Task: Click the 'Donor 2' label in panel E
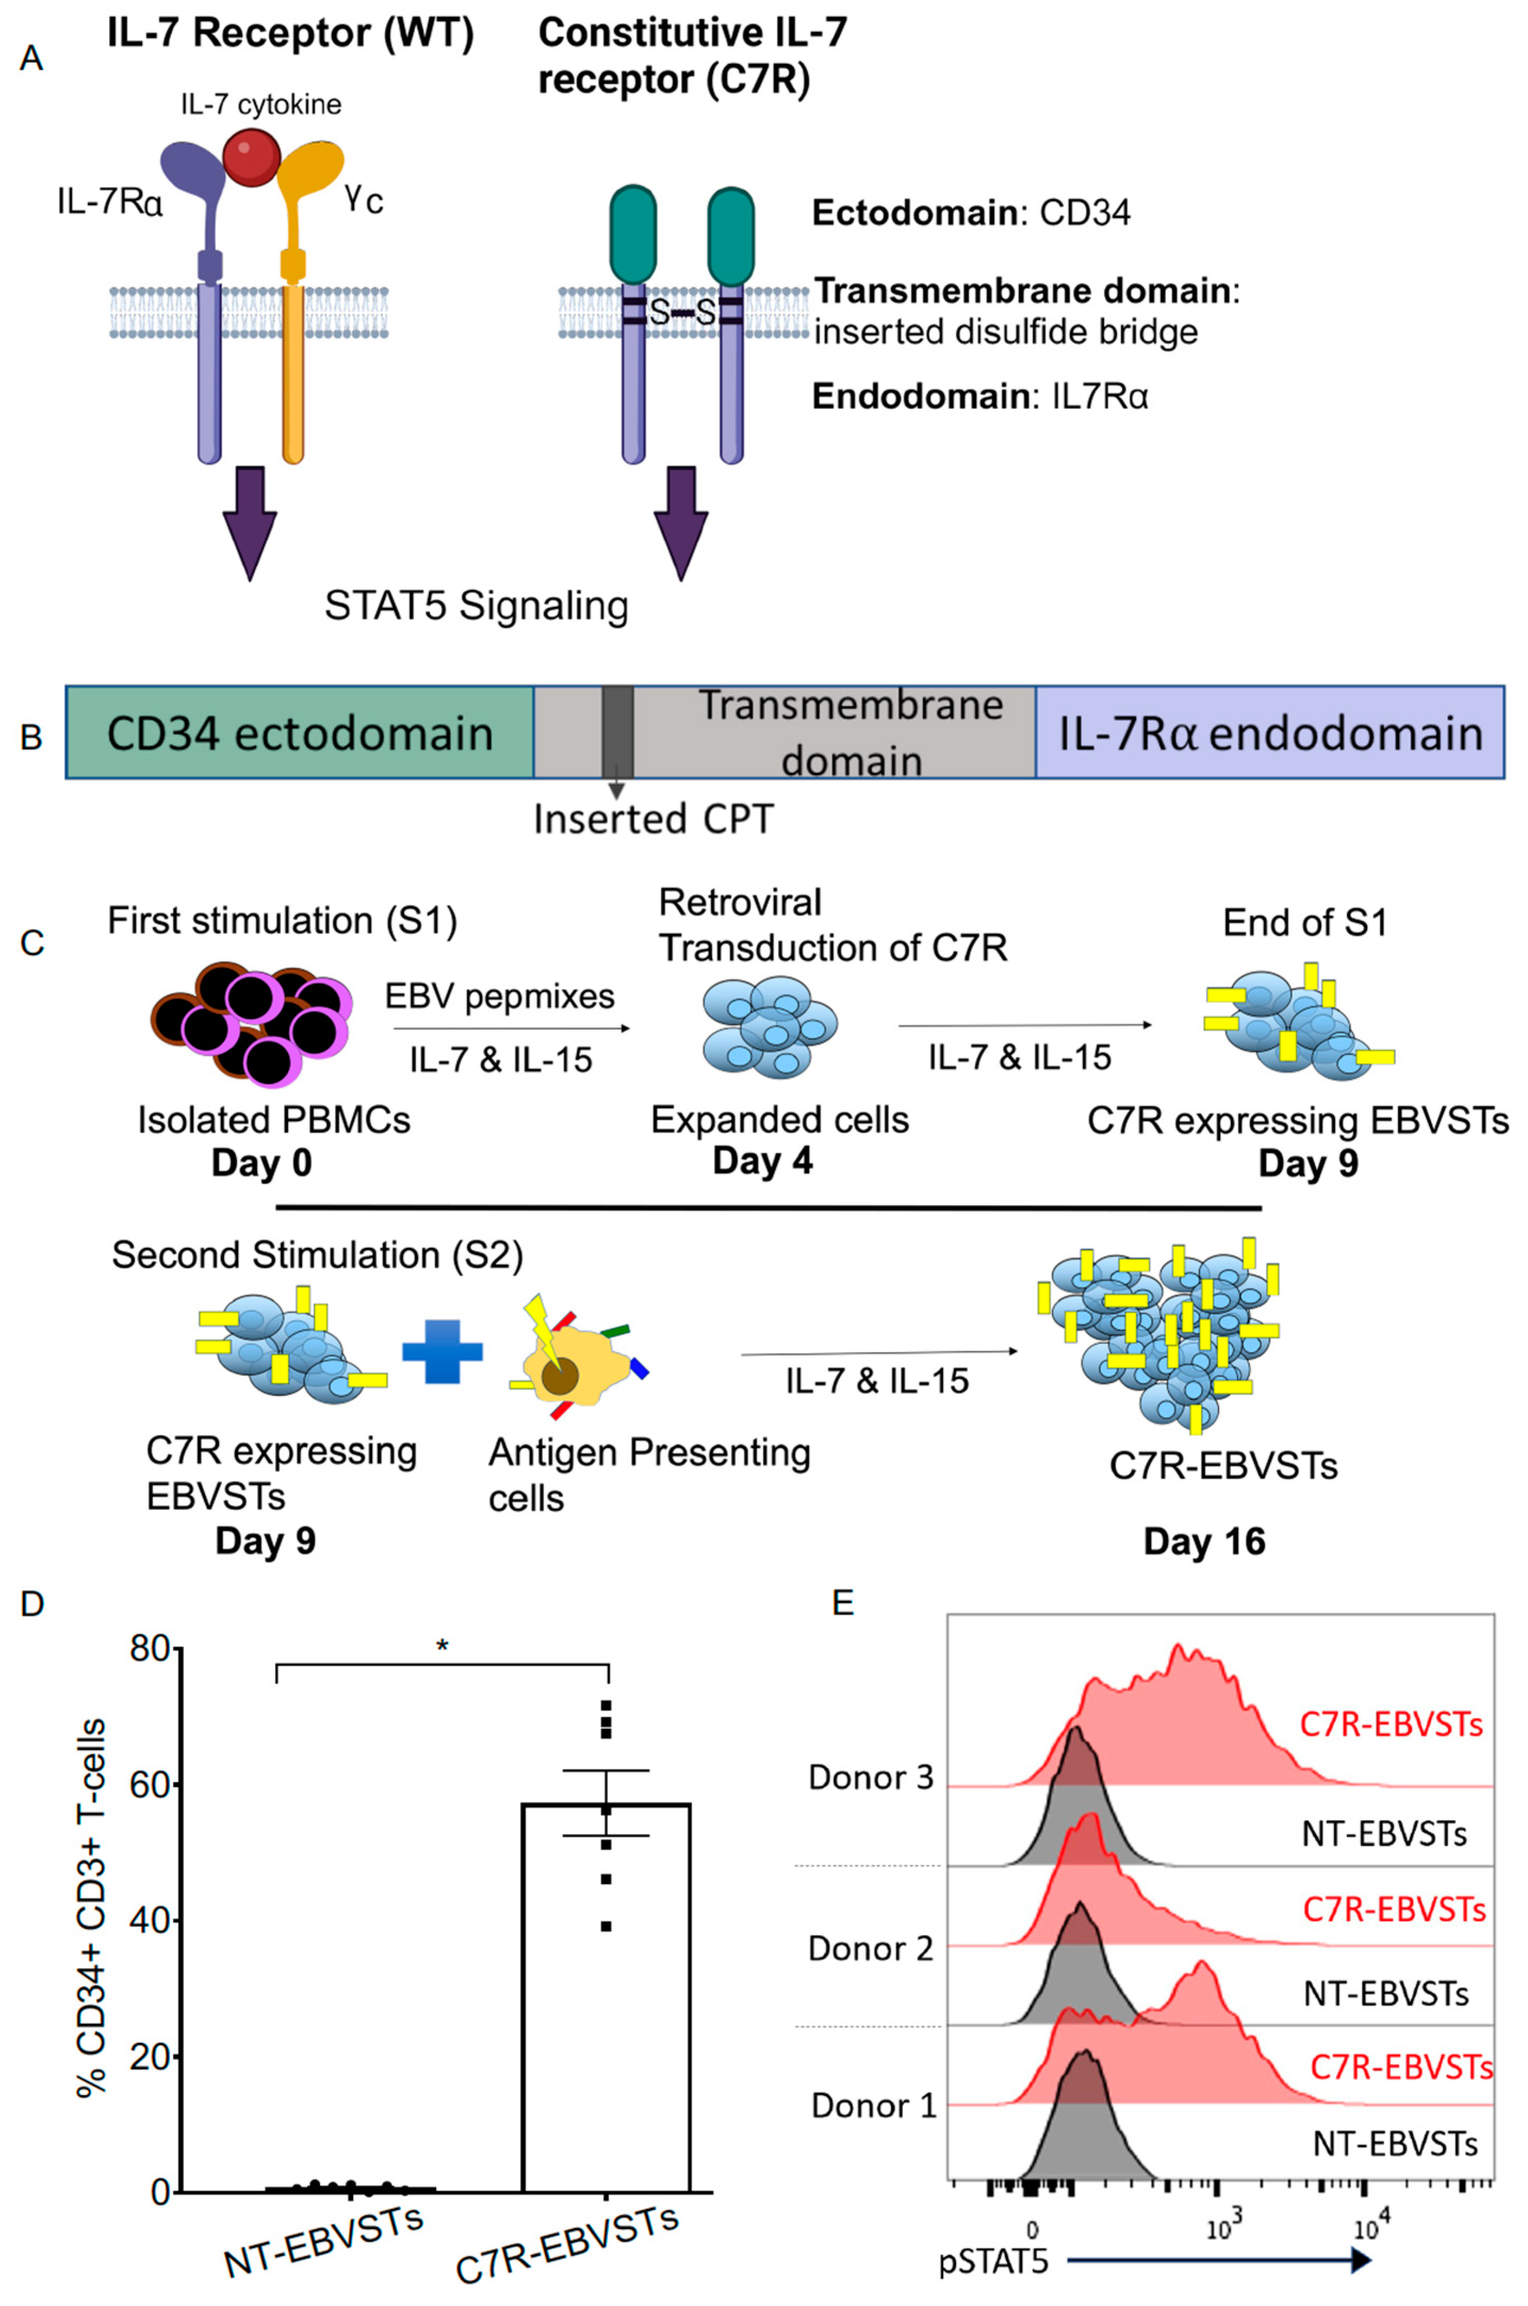(x=870, y=1948)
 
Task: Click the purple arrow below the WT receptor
(x=250, y=521)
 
